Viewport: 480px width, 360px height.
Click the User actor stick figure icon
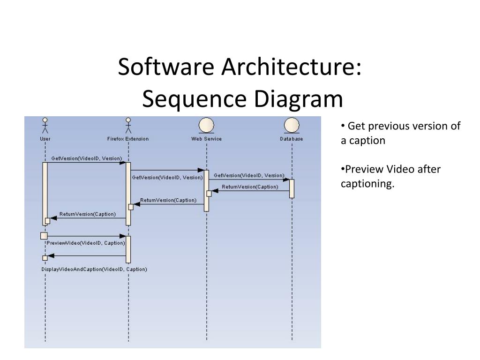coord(45,126)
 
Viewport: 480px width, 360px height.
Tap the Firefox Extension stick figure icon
coord(128,126)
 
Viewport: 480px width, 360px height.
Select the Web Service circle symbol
coord(206,125)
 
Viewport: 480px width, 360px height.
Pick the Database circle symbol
coord(292,125)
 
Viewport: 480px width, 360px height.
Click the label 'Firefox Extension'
coord(128,139)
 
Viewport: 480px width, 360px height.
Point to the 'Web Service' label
coord(206,139)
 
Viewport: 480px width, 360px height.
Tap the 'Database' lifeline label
coord(292,139)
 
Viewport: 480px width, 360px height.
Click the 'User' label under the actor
coord(45,139)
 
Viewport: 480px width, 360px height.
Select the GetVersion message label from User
coord(86,158)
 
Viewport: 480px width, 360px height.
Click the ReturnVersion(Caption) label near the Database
coord(250,187)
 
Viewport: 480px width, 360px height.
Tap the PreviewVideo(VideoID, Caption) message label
coord(86,243)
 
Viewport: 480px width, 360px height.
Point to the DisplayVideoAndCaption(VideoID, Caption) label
coord(94,269)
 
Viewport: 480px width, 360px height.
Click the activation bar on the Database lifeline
coord(292,188)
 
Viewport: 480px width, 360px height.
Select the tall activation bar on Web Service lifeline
coord(206,190)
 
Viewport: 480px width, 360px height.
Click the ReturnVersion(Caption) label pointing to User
coord(88,214)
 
